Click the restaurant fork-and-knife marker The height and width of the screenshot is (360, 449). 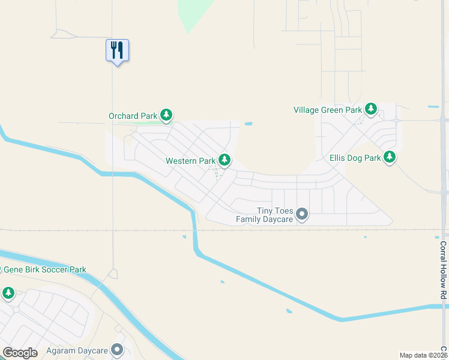[x=117, y=50]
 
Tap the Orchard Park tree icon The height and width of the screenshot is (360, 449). [x=167, y=115]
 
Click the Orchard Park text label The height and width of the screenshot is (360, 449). [x=133, y=116]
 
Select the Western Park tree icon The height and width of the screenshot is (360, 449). [x=224, y=160]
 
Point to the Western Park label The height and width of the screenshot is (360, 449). [x=190, y=161]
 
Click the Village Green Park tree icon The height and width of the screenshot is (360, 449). [x=372, y=109]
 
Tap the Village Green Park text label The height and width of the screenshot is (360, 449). [x=328, y=110]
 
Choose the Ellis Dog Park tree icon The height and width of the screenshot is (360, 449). [x=390, y=157]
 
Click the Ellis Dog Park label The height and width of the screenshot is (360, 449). [x=355, y=158]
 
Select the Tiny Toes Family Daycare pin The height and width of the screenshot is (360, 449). [x=303, y=214]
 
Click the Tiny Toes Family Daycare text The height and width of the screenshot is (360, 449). [x=265, y=215]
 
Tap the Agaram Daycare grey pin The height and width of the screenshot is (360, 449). [x=117, y=349]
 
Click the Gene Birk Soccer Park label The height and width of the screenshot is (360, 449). [x=44, y=270]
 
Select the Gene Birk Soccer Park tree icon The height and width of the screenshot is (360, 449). [x=8, y=293]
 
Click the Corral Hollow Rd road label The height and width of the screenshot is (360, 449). [x=444, y=271]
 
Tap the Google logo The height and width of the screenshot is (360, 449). [x=20, y=353]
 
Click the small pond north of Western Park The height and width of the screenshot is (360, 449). [x=248, y=124]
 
